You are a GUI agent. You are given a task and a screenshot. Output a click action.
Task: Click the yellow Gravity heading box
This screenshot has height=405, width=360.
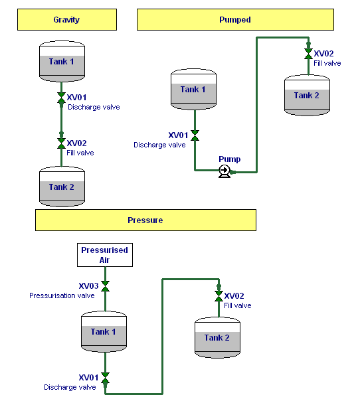(x=66, y=20)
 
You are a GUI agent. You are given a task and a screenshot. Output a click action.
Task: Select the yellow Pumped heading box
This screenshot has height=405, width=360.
(x=235, y=20)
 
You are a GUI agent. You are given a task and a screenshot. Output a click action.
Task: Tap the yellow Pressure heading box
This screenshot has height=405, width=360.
(x=145, y=220)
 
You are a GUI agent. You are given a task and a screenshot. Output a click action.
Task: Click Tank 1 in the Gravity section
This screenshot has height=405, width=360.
(x=61, y=61)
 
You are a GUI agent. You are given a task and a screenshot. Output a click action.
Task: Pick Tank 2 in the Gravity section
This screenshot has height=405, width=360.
(x=61, y=186)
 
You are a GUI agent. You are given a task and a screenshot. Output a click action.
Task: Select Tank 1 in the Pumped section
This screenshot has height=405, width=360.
(x=193, y=89)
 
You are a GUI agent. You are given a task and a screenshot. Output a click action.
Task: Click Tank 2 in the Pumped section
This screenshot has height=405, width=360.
(x=307, y=95)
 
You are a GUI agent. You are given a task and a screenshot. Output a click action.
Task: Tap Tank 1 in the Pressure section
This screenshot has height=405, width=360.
(x=104, y=331)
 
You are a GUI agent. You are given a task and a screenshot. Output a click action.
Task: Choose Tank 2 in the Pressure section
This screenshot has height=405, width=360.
(x=217, y=337)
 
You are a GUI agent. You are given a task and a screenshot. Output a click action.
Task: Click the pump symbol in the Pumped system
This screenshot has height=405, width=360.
(x=225, y=171)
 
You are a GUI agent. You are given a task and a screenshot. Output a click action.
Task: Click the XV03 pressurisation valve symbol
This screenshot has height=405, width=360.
(x=105, y=286)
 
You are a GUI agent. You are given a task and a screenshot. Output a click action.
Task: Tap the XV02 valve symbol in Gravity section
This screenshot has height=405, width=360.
(x=61, y=143)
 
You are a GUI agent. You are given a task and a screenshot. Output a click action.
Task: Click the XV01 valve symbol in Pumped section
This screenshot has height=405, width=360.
(x=195, y=135)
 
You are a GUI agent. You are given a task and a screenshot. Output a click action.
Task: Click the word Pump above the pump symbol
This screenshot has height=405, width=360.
(x=230, y=159)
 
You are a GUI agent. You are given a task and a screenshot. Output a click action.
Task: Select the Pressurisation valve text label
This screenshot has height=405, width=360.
(x=62, y=296)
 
